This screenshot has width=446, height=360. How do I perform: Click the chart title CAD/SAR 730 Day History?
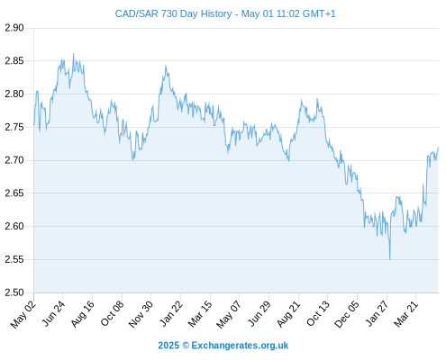(x=173, y=13)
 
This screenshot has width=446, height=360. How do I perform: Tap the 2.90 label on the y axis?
(x=14, y=28)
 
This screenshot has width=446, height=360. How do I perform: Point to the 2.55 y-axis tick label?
(x=14, y=259)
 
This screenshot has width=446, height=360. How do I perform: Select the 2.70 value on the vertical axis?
(x=14, y=160)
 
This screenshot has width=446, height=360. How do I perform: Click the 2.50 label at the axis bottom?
(x=14, y=292)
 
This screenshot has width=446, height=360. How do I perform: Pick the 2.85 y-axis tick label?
(x=14, y=61)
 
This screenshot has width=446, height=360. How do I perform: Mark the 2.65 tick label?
(x=14, y=193)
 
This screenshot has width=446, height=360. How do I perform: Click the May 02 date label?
(x=23, y=314)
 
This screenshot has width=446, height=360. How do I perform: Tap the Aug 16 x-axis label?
(x=83, y=313)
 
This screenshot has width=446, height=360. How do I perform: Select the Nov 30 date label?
(x=141, y=314)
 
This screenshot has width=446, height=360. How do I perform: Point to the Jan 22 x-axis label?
(x=171, y=313)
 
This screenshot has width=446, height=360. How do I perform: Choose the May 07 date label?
(x=229, y=314)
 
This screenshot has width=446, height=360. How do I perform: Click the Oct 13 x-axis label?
(x=318, y=313)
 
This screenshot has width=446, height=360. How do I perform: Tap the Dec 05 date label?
(x=347, y=314)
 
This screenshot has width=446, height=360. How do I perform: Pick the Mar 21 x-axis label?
(x=405, y=314)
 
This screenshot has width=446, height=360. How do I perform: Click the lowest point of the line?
(x=390, y=259)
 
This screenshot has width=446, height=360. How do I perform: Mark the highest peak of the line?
(x=74, y=54)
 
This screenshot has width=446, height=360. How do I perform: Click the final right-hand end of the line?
(x=438, y=148)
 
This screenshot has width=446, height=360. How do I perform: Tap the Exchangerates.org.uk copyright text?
(x=240, y=346)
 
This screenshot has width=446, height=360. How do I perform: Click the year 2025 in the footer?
(x=168, y=346)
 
